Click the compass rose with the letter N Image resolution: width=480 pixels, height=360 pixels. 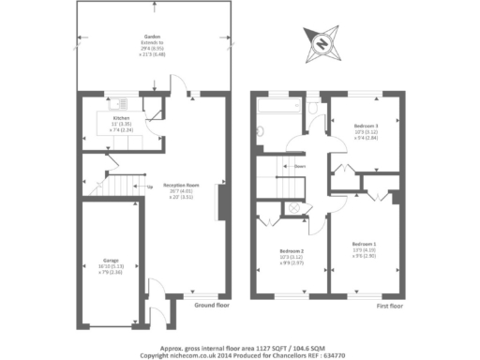(322, 42)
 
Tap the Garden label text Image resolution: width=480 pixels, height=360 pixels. (153, 38)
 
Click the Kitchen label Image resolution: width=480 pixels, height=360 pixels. (122, 117)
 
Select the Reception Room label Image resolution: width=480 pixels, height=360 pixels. (181, 185)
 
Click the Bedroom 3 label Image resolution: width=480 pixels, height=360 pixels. (366, 126)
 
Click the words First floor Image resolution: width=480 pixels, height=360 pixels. (390, 307)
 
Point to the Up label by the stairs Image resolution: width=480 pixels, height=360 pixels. (149, 186)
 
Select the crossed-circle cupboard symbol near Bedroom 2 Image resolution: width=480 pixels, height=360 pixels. (292, 207)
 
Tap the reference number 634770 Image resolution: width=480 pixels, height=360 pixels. (334, 354)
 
